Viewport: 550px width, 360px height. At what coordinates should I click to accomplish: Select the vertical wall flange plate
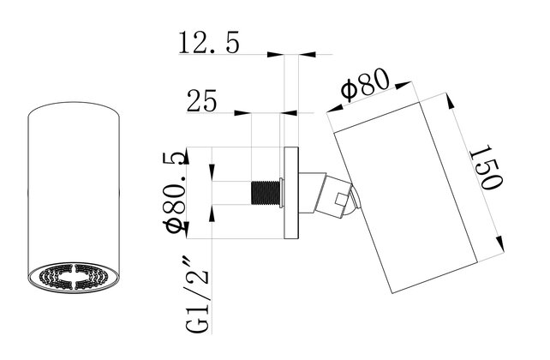(x=290, y=194)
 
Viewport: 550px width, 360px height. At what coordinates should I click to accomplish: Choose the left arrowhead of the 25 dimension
(x=242, y=112)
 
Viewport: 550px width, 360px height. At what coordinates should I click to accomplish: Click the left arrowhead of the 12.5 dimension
(x=276, y=55)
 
